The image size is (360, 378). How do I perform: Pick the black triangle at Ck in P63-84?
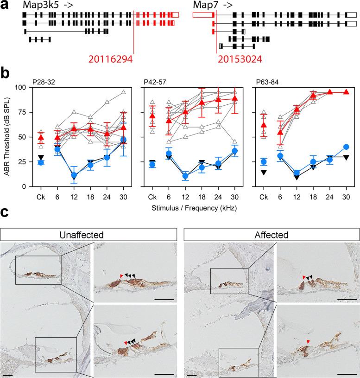(x=264, y=172)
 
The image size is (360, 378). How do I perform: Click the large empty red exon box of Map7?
(x=202, y=15)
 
